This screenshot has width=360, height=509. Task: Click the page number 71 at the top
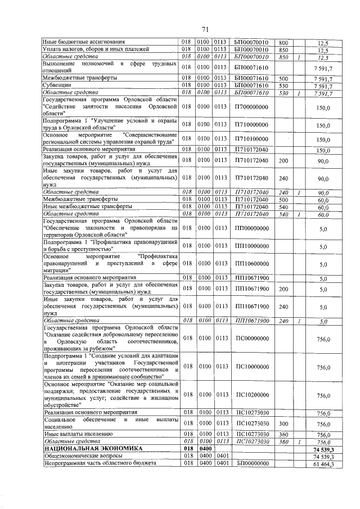[x=205, y=29]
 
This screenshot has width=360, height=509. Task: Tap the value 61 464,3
[x=323, y=464]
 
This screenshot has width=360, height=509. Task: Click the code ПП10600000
[x=253, y=264]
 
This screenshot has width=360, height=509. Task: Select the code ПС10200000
[x=253, y=395]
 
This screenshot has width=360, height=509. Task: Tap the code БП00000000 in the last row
[x=253, y=464]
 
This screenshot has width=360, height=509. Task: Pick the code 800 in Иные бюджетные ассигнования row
[x=283, y=42]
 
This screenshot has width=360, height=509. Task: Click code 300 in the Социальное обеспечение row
[x=283, y=424]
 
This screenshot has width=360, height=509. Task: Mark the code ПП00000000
[x=253, y=228]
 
